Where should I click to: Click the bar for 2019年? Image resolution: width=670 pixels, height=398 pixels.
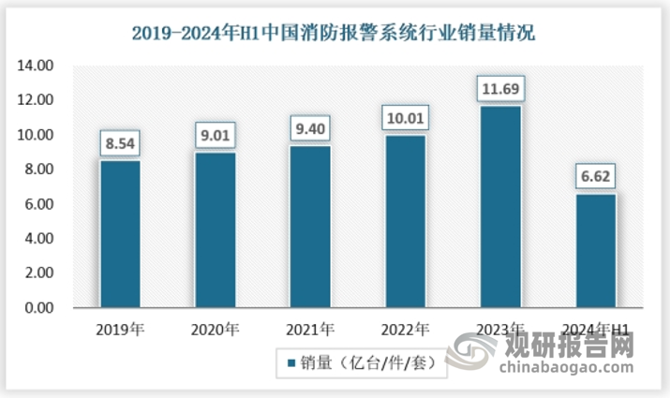pos(121,234)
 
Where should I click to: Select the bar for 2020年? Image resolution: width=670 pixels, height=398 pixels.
pos(216,229)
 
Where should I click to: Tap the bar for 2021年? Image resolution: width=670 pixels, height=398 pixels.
pos(310,227)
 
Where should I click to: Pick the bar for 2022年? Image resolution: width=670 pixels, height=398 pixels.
pos(405,221)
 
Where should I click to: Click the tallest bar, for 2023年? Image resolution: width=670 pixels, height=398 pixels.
pos(499,206)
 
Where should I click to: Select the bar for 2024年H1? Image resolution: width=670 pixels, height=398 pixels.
pos(594,250)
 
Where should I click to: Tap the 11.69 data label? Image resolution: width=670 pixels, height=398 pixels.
pos(499,91)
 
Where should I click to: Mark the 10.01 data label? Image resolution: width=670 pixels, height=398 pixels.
pos(405,120)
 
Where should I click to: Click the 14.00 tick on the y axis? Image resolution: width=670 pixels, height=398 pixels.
pos(37,66)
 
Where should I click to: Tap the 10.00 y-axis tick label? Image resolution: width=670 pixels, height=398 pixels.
pos(37,135)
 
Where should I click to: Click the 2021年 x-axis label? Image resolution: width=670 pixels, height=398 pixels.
pos(310,330)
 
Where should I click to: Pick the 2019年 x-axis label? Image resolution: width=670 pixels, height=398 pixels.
pos(121,330)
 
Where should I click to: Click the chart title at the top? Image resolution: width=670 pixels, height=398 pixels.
pos(335,35)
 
